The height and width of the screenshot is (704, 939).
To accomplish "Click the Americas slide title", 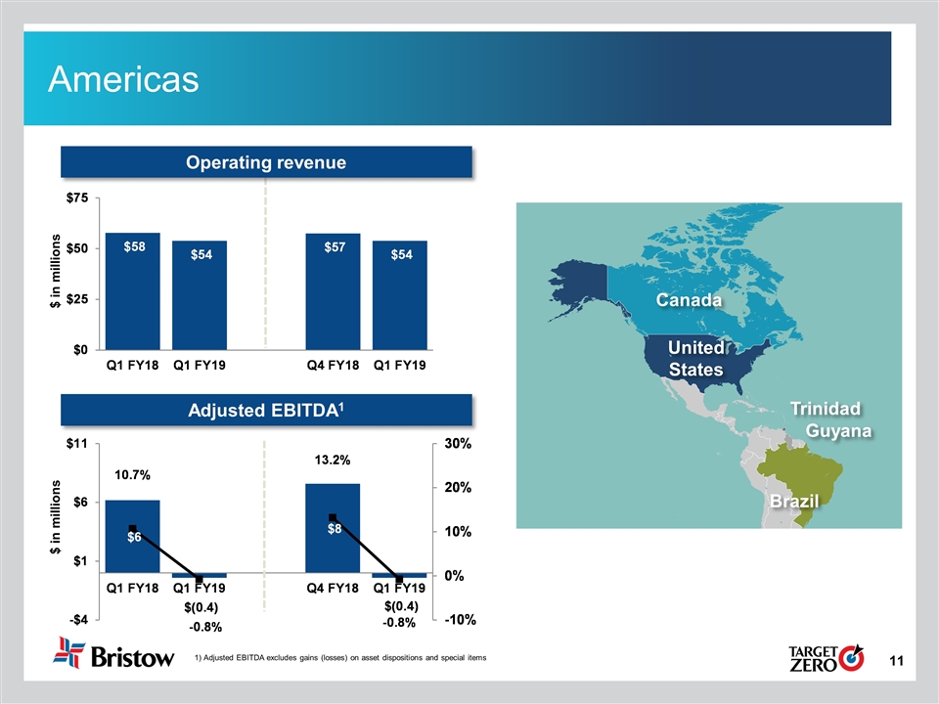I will pyautogui.click(x=124, y=78).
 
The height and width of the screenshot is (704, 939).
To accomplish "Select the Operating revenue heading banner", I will pyautogui.click(x=267, y=162).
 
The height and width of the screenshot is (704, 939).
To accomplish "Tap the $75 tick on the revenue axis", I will pyautogui.click(x=76, y=198).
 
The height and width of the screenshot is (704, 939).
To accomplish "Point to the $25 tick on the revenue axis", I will pyautogui.click(x=76, y=299).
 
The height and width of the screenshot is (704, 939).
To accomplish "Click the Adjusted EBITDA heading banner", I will pyautogui.click(x=267, y=412).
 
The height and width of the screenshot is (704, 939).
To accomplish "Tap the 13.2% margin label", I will pyautogui.click(x=333, y=460).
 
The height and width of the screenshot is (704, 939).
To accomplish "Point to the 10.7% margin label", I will pyautogui.click(x=132, y=475).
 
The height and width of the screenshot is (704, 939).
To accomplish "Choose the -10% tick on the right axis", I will pyautogui.click(x=458, y=620).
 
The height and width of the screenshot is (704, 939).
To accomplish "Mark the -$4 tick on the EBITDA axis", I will pyautogui.click(x=75, y=620).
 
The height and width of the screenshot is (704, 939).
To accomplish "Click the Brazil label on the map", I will pyautogui.click(x=792, y=502).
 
